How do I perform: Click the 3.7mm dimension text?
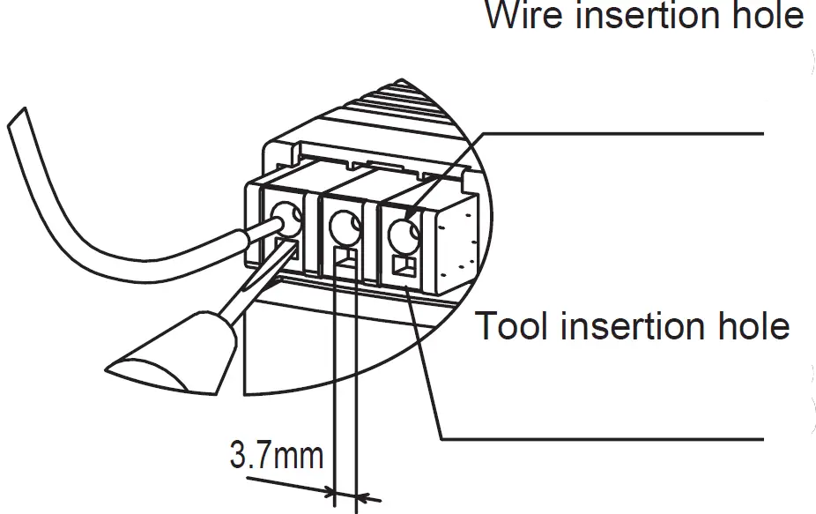tap(276, 457)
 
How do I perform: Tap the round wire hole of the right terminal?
tap(404, 234)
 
